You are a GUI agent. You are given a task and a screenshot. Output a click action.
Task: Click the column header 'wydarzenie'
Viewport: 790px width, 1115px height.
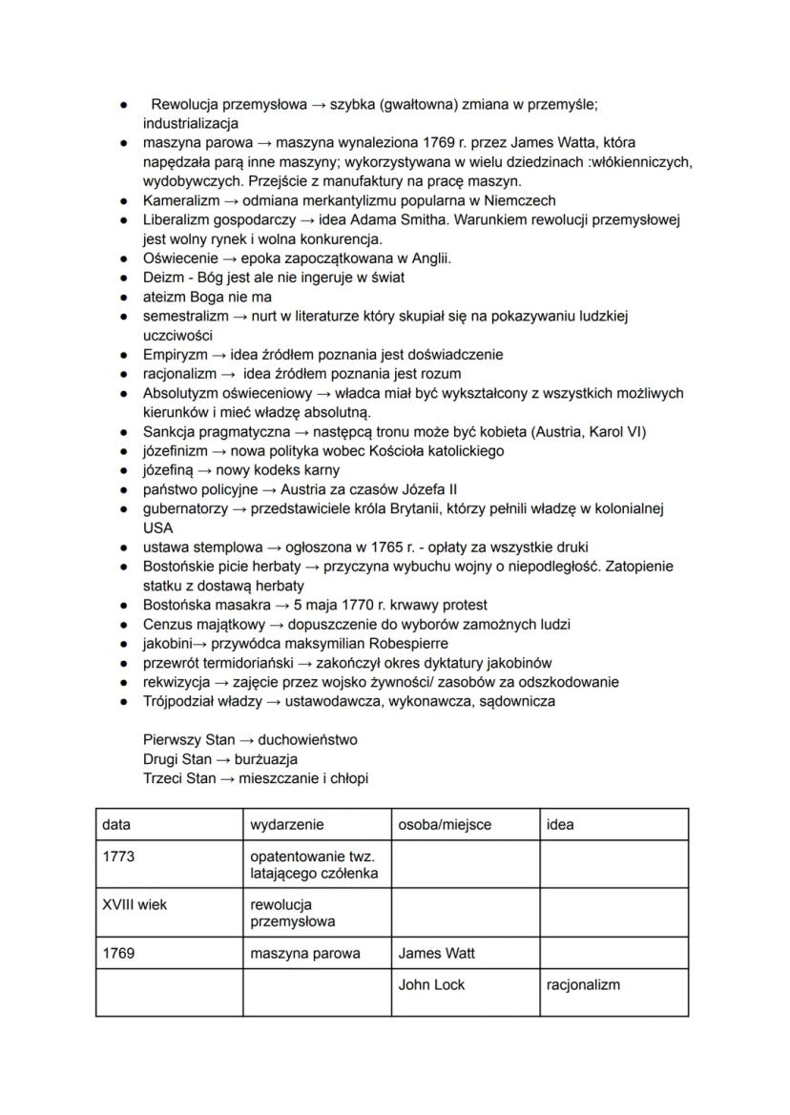tap(286, 824)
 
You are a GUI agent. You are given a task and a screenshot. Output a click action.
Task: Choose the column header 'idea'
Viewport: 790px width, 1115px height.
tap(560, 824)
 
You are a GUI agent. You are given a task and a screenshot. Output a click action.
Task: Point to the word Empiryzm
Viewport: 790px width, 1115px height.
tap(177, 355)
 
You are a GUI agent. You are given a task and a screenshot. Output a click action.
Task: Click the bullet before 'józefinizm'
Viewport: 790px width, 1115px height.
tap(125, 451)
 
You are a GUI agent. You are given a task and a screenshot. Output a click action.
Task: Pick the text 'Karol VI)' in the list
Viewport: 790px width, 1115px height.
tap(617, 431)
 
